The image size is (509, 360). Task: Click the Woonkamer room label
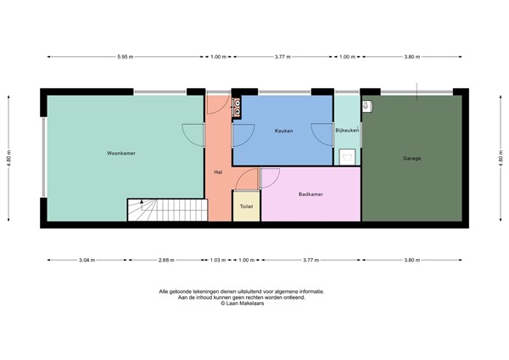coord(121,154)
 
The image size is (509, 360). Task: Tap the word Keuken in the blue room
coord(283,131)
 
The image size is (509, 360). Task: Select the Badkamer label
coord(310,194)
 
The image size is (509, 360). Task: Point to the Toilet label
coord(246,206)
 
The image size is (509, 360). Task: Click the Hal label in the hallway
coord(218,172)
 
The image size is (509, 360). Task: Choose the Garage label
coord(412,159)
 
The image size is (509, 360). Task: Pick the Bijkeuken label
coord(348,131)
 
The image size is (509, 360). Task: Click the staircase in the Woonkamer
coord(166,210)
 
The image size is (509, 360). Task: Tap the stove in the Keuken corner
coord(238,106)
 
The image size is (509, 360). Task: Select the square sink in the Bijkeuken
coord(348,155)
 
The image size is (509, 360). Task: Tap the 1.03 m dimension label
coord(218,259)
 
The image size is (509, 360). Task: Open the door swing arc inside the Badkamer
coord(271,178)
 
